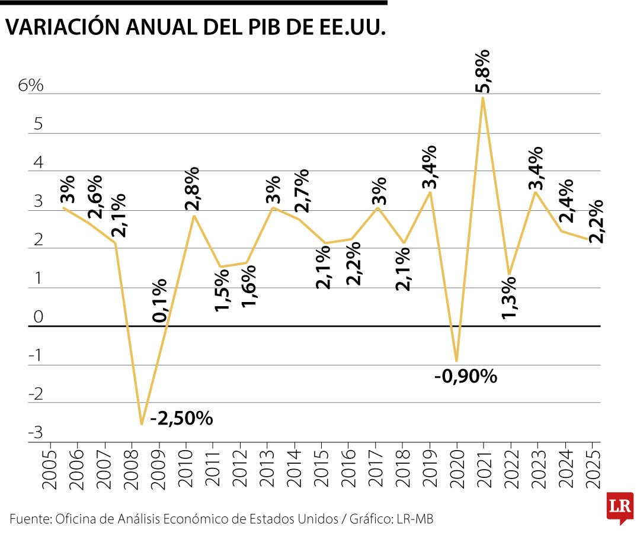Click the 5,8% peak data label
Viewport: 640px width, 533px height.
484,72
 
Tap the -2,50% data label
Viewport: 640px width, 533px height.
181,418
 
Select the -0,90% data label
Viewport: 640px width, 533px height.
466,375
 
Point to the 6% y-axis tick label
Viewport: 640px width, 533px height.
31,85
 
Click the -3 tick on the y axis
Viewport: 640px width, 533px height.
36,433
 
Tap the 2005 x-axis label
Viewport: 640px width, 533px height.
51,471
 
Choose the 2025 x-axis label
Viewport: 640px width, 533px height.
593,471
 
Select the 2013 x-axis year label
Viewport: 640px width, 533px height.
268,471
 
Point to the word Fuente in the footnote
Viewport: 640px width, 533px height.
30,519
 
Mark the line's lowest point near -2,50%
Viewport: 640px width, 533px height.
141,424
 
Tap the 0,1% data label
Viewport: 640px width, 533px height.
160,301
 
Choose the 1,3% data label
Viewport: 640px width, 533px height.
510,297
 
